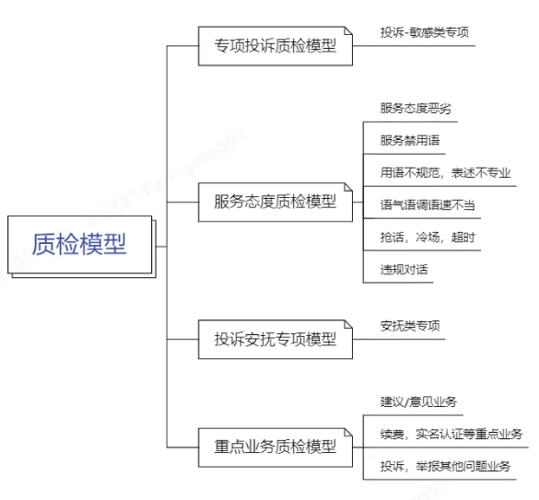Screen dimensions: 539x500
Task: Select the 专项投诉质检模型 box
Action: point(275,46)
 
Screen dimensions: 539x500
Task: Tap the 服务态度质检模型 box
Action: point(275,202)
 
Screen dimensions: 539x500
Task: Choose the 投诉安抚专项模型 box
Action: point(275,339)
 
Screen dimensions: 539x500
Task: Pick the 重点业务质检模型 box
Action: point(275,448)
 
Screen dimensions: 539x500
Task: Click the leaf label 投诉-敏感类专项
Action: point(425,32)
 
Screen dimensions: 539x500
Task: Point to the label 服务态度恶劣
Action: point(416,109)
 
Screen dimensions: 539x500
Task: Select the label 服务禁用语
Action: point(410,140)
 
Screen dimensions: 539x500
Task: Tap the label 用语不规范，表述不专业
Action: point(446,172)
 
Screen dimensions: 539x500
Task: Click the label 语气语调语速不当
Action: point(428,204)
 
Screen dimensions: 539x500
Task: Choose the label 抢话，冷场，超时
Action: point(428,238)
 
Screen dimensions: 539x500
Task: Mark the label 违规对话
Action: point(404,270)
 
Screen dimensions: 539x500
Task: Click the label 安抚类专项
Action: point(410,326)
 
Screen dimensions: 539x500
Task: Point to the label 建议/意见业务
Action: point(418,401)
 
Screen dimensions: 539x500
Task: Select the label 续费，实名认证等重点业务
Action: point(451,434)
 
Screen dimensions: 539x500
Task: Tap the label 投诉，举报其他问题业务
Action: point(446,466)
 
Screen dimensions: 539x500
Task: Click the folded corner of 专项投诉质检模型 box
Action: point(348,30)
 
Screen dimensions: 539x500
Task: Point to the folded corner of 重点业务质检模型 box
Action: point(348,432)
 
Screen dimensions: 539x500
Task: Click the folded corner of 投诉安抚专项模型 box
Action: point(348,324)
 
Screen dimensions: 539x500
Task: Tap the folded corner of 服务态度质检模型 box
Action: point(348,187)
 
